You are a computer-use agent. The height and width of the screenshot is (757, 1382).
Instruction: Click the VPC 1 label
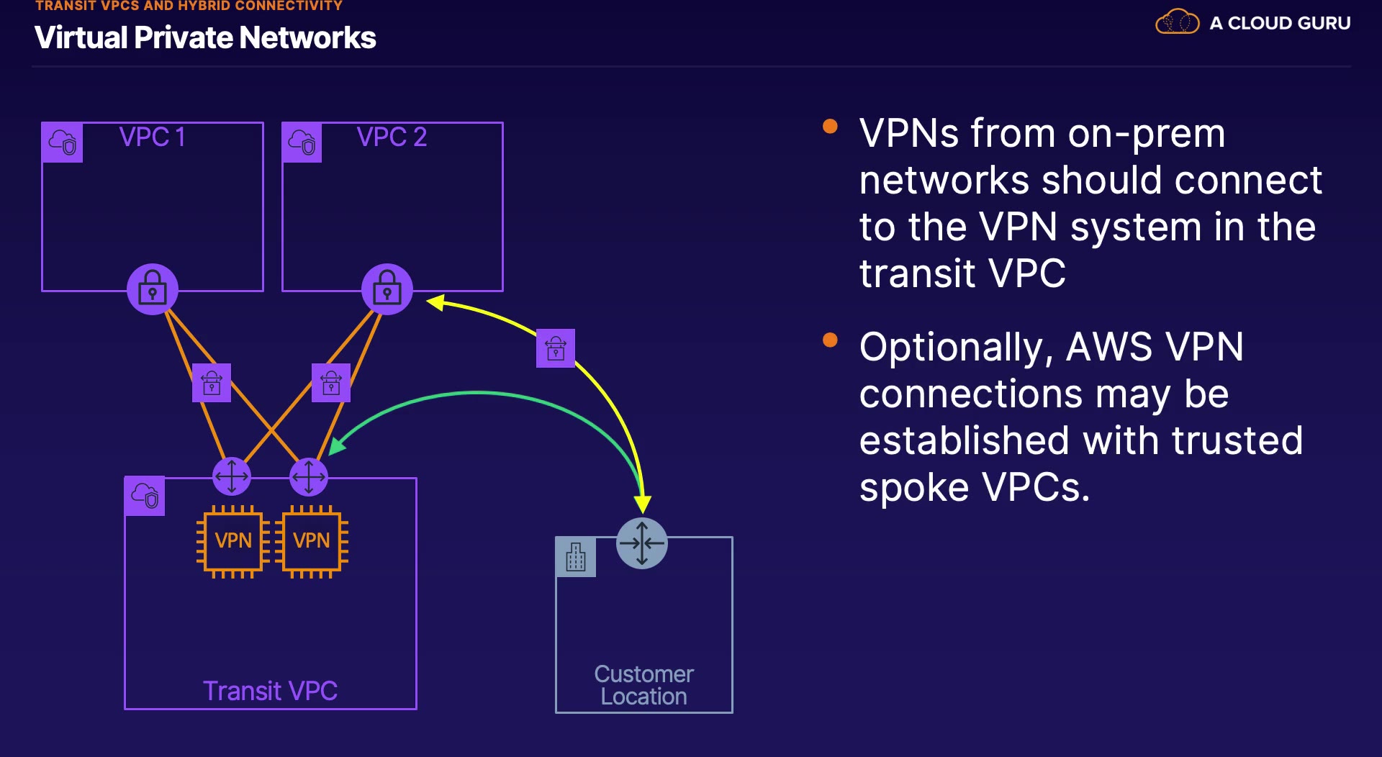[x=152, y=137]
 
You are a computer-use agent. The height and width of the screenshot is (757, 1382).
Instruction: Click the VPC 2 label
[x=392, y=137]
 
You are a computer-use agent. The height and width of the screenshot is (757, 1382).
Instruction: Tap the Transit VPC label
[x=270, y=691]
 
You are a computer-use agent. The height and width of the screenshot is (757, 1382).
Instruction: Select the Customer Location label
[x=643, y=685]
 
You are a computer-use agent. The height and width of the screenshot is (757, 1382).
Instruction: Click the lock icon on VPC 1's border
[x=153, y=289]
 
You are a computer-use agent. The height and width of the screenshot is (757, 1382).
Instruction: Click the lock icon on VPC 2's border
[x=387, y=289]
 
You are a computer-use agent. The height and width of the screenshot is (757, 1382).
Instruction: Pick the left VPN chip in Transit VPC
[x=232, y=540]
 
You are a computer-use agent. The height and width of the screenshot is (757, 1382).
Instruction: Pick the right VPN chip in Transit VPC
[x=311, y=540]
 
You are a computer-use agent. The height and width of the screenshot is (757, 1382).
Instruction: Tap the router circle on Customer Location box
[x=642, y=543]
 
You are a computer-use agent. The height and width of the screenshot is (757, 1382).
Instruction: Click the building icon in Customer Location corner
[x=576, y=557]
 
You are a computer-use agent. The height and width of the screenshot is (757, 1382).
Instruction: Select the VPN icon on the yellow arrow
[x=556, y=348]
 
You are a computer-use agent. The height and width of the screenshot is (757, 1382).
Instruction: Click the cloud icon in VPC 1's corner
[x=63, y=142]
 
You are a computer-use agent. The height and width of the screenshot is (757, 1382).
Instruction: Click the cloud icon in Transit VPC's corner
[x=145, y=496]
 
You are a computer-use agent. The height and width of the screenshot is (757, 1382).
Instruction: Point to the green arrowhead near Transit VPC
[x=336, y=446]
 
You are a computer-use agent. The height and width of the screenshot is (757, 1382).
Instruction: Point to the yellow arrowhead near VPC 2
[x=435, y=302]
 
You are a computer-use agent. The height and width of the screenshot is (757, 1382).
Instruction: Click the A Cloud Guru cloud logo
[x=1177, y=22]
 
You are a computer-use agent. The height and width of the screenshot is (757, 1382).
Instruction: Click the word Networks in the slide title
[x=307, y=37]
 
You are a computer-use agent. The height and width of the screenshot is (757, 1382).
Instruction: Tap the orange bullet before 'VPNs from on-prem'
[x=830, y=127]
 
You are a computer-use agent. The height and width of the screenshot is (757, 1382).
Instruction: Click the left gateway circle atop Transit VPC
[x=232, y=476]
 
